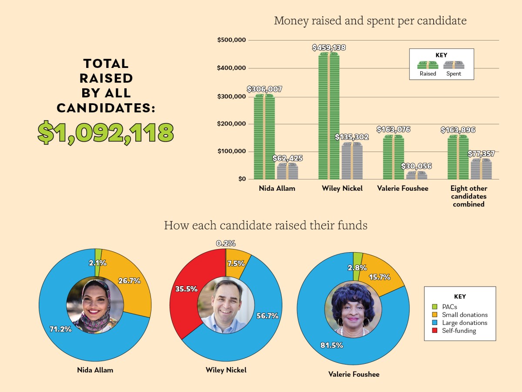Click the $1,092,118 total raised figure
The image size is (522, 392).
click(x=105, y=133)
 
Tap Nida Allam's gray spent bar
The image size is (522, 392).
click(x=288, y=171)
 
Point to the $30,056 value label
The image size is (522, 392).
click(x=416, y=166)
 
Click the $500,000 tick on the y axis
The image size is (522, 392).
click(x=231, y=40)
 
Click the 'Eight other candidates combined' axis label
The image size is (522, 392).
click(x=468, y=196)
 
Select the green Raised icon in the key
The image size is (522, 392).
click(x=428, y=65)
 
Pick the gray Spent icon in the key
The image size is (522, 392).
click(x=454, y=65)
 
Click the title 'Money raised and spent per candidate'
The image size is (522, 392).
click(x=370, y=20)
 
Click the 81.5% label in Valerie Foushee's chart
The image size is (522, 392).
click(x=332, y=345)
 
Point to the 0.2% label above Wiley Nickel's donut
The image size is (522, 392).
click(x=226, y=243)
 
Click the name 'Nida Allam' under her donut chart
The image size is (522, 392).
click(x=95, y=370)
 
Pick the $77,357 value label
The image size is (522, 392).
click(x=481, y=154)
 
